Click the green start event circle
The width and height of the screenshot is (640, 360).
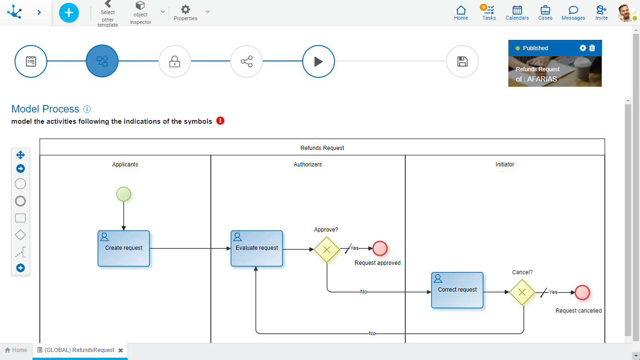pos(124,194)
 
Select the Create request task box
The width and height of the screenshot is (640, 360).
pos(124,248)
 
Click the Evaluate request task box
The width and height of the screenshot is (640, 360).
pos(257,248)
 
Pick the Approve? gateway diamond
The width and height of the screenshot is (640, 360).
pos(327,249)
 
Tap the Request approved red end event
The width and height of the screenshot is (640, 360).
pos(380,248)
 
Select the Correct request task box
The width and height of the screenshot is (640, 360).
pos(457,290)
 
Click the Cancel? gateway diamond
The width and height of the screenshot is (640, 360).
pos(522,292)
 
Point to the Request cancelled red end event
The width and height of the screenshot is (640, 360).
pos(582,292)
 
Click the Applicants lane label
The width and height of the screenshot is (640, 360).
pos(125,165)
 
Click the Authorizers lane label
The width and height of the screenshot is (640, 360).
pos(308,165)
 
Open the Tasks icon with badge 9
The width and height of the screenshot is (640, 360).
pos(489,12)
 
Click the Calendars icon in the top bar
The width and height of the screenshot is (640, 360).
pos(517,12)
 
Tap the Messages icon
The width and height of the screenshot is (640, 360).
pos(573,12)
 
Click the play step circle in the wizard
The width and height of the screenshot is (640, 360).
pos(319,61)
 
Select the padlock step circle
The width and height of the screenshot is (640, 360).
pos(175,61)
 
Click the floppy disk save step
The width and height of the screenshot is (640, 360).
pos(462,61)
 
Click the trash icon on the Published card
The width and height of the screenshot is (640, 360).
pos(592,48)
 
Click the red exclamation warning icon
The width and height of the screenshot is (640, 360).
pos(221,121)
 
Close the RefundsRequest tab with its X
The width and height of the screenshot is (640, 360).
pos(120,350)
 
